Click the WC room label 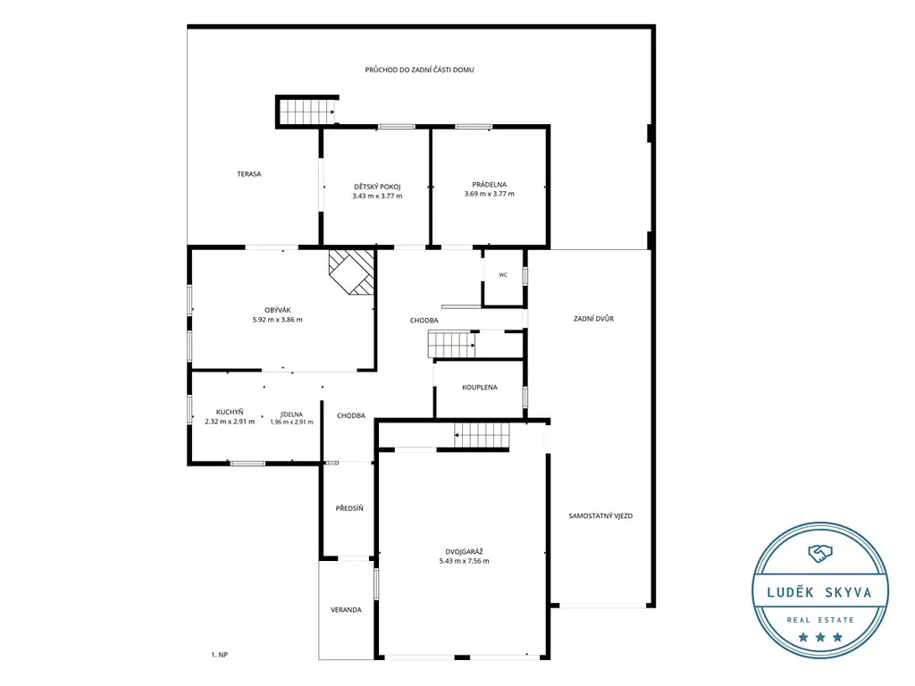pos(503,275)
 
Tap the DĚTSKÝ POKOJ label pos(378,187)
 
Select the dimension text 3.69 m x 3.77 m pos(490,194)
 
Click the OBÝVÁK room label pos(278,310)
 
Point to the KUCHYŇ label pos(230,412)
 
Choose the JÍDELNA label pos(292,414)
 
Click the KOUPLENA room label pos(480,388)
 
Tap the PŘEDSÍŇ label pos(349,508)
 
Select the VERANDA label pos(346,609)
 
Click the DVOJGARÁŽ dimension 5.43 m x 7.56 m pos(465,561)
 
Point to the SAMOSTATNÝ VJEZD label pos(600,515)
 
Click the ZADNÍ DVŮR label pos(593,319)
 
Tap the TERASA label pos(249,174)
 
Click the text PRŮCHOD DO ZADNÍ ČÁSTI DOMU pos(420,70)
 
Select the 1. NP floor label pos(220,655)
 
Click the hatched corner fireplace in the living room pos(351,272)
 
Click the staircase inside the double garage pos(482,435)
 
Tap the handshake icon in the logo pos(820,553)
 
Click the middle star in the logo pos(820,637)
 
